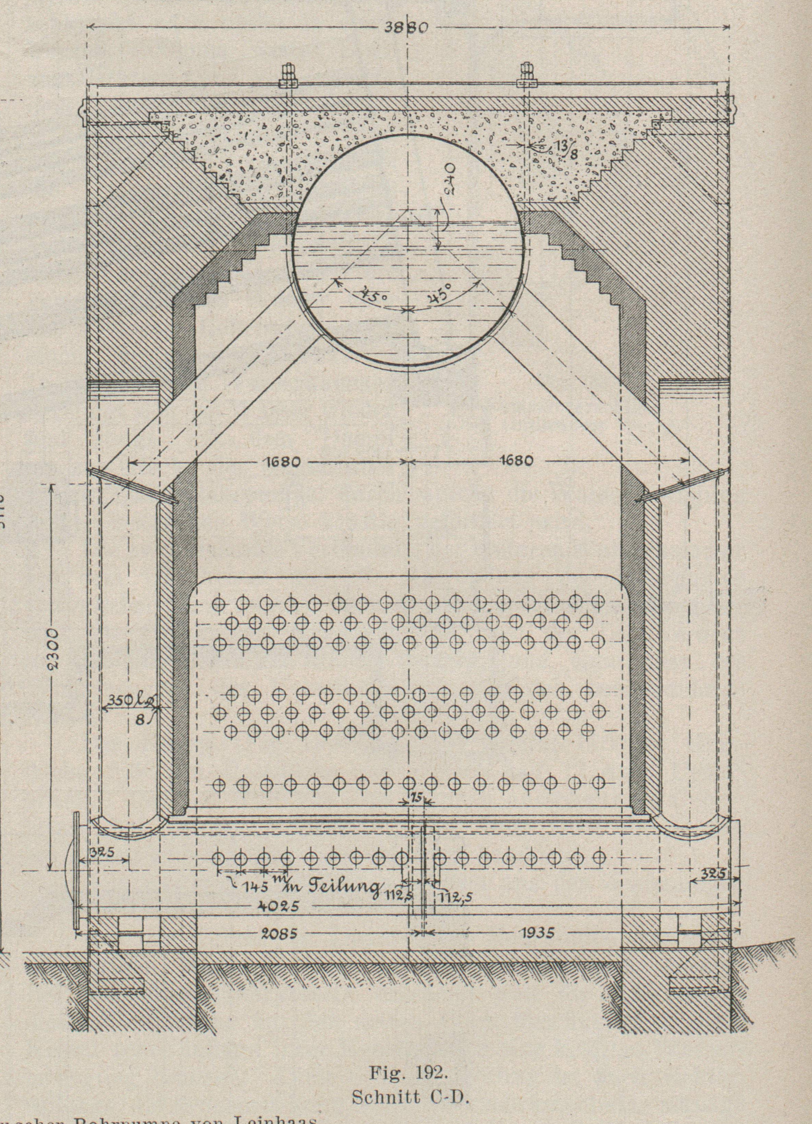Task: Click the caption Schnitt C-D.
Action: coord(410,1095)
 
